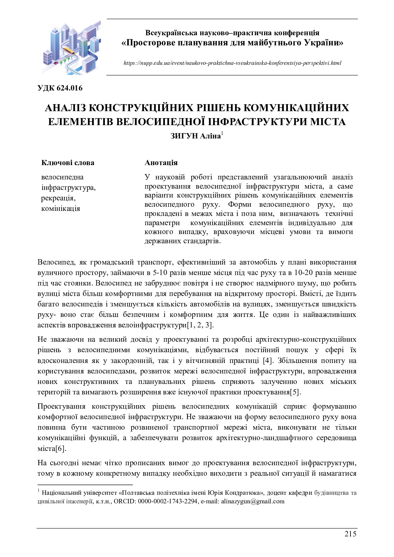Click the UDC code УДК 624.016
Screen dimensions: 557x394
60,88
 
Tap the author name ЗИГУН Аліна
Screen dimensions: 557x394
196,136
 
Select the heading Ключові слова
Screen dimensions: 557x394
68,163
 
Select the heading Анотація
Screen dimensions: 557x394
161,163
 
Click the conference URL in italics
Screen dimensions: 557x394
232,63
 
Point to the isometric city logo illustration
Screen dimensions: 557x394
71,48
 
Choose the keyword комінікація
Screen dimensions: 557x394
61,209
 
